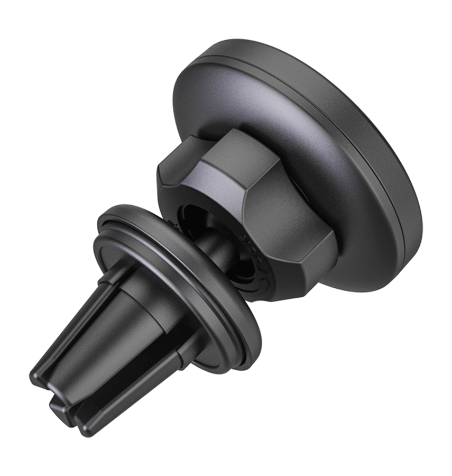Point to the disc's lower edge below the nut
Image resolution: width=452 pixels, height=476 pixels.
[x=359, y=275]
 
